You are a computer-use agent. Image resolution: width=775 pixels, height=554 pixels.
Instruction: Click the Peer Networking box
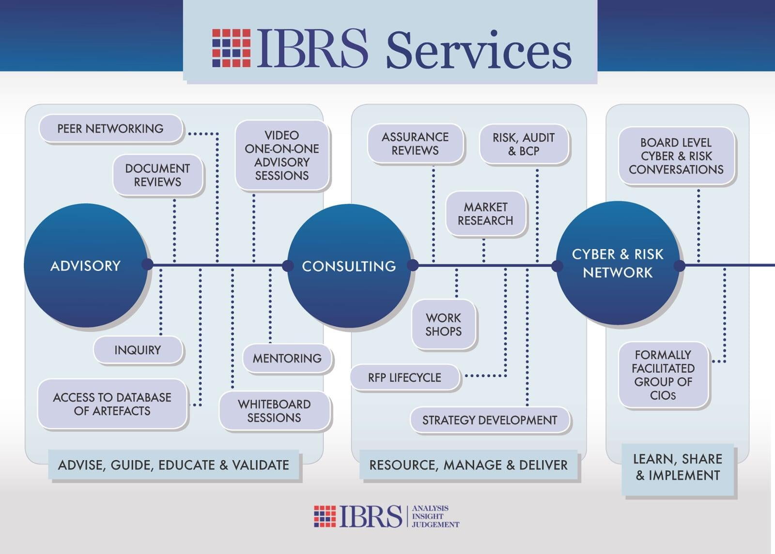tap(111, 129)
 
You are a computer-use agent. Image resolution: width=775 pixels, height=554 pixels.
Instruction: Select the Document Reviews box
tap(158, 175)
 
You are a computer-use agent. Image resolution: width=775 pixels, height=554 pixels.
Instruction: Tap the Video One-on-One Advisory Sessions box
tap(282, 155)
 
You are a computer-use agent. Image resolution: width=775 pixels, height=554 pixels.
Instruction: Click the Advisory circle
tap(86, 266)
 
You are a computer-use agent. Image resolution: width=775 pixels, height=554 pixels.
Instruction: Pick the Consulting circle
tap(349, 266)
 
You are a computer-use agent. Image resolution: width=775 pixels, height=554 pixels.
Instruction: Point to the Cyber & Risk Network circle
tap(618, 263)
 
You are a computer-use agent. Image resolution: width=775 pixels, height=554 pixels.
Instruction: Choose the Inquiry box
tap(138, 350)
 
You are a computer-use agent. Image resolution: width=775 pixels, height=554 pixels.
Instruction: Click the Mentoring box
tap(287, 358)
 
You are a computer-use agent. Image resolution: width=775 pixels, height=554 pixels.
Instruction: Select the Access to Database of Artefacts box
tap(112, 404)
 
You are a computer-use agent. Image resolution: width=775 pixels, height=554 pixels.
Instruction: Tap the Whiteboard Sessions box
tap(274, 411)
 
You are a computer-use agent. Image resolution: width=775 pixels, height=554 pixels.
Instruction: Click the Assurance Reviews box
tap(415, 143)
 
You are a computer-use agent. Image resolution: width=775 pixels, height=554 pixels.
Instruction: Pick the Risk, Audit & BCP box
tap(524, 144)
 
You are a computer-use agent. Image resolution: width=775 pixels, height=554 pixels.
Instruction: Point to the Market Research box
tap(486, 213)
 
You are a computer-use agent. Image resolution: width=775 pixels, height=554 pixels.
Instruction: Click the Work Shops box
tap(444, 325)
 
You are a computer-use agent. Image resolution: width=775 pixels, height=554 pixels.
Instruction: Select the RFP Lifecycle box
tap(405, 377)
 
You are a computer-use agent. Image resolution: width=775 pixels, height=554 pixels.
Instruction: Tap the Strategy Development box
tap(490, 420)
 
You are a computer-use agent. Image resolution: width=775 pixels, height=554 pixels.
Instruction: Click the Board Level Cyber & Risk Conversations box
tap(676, 156)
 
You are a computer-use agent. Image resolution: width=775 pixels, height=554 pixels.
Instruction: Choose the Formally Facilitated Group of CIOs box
tap(663, 375)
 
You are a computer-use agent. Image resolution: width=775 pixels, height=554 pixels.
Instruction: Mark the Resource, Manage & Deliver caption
tap(468, 465)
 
